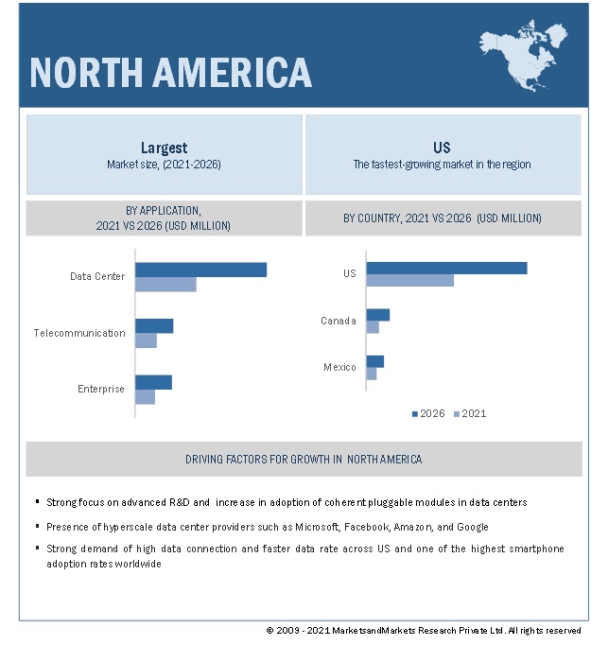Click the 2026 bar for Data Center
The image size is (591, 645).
tap(200, 270)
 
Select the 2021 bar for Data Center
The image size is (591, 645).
tap(165, 285)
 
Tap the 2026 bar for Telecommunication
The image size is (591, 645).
tap(154, 325)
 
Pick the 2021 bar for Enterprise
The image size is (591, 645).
tap(145, 397)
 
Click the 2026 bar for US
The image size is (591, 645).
tap(446, 268)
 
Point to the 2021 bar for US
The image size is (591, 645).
tap(409, 280)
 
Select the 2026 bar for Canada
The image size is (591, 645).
tap(377, 315)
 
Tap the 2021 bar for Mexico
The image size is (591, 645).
tap(371, 374)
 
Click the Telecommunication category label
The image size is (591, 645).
tap(79, 333)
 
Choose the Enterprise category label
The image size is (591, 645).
tap(100, 389)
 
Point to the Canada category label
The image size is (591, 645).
tap(338, 321)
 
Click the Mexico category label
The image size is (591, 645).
tap(339, 367)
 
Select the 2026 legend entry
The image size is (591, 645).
tap(427, 413)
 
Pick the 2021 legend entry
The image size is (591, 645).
tap(470, 413)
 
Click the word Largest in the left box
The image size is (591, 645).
tap(164, 148)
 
